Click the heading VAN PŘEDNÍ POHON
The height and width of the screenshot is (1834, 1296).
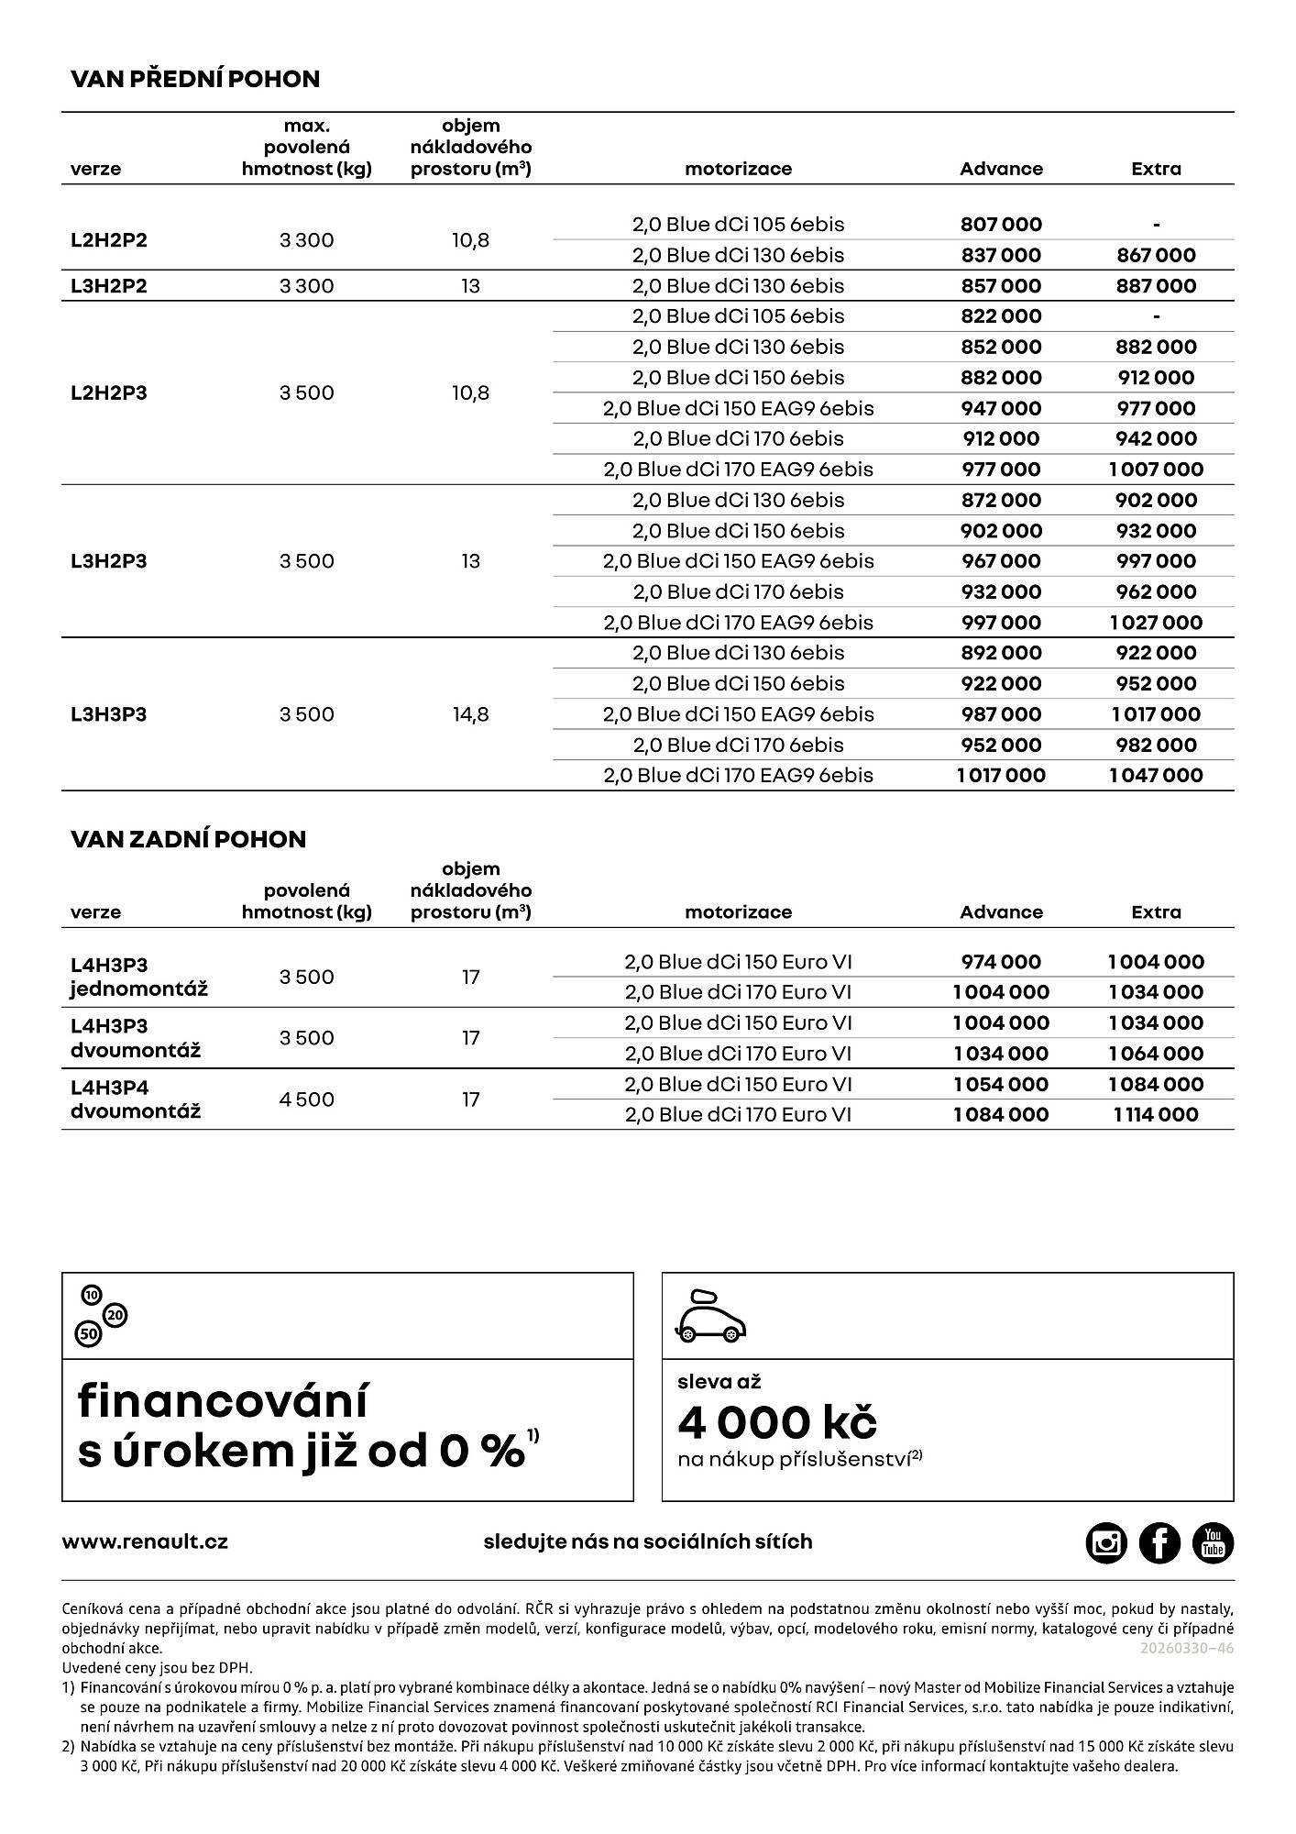coord(195,79)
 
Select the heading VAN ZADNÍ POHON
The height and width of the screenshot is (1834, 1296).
coord(188,839)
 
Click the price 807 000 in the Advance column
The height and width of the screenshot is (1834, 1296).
coord(1001,225)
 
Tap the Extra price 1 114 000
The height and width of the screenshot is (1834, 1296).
coord(1156,1115)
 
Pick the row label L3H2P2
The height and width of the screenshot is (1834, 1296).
coord(109,286)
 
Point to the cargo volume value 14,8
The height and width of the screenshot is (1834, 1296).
coord(470,714)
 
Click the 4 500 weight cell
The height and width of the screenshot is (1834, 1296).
coord(307,1099)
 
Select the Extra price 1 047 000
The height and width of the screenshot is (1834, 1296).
coord(1156,776)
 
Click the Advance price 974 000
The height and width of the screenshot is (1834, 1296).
coord(1001,962)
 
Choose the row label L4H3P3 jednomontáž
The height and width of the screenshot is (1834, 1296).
coord(139,977)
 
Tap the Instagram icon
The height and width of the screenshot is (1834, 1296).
coord(1106,1542)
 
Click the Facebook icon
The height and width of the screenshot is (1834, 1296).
coord(1159,1542)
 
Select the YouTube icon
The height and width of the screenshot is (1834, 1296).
coord(1213,1542)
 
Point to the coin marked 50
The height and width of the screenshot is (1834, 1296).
coord(89,1334)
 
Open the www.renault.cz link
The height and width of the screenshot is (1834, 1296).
coord(145,1542)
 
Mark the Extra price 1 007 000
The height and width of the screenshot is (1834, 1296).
coord(1156,470)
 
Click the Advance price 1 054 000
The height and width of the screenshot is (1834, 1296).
coord(1001,1085)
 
